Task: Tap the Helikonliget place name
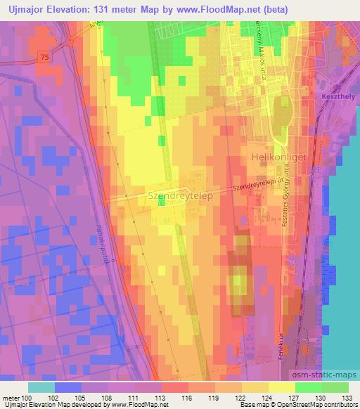click(278, 158)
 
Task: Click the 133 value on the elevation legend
click(347, 397)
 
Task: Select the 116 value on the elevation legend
click(186, 397)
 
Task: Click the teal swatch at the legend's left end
click(41, 387)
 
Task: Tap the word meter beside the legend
click(10, 397)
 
